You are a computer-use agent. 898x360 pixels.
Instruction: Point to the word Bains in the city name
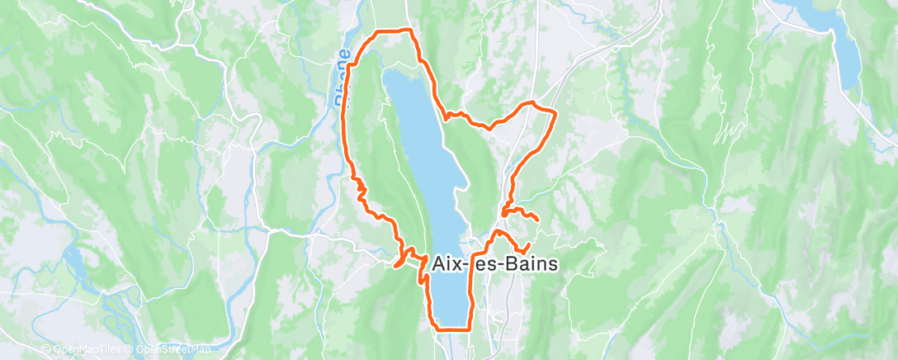pyautogui.click(x=528, y=263)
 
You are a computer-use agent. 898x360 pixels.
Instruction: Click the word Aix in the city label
pyautogui.click(x=449, y=263)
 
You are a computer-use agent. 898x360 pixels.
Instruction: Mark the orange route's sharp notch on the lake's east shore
pyautogui.click(x=447, y=116)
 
